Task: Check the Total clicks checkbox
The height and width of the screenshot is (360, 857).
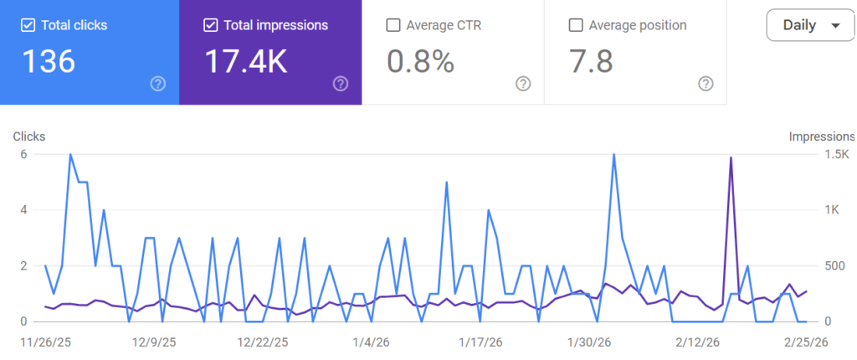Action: click(28, 25)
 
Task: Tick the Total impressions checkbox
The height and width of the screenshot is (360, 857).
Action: click(210, 25)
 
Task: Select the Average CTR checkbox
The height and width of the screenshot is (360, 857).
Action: click(393, 25)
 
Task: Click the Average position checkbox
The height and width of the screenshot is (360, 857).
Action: click(575, 25)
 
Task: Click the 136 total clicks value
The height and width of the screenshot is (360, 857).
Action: click(49, 61)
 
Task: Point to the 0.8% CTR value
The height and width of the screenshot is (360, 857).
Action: click(419, 61)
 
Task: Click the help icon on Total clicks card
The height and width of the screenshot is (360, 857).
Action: click(158, 83)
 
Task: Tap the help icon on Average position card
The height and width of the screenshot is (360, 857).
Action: click(706, 83)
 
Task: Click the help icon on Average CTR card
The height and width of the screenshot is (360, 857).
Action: click(523, 83)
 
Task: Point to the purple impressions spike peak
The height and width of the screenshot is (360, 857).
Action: click(731, 157)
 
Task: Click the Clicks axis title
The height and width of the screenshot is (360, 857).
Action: click(29, 136)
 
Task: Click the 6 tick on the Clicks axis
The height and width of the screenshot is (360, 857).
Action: click(24, 154)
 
